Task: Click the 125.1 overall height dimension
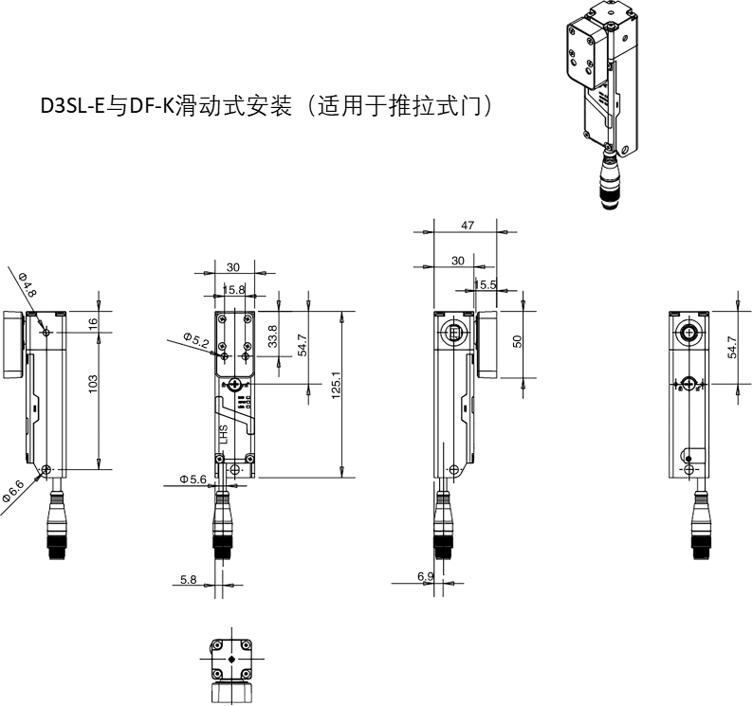(336, 387)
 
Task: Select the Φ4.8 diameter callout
(28, 284)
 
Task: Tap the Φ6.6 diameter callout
(13, 491)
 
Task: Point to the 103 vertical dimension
(93, 384)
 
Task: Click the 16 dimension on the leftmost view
(93, 322)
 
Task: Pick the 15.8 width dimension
(234, 289)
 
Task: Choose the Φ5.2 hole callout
(196, 340)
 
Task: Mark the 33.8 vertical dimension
(273, 336)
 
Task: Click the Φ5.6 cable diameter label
(193, 479)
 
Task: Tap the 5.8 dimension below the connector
(188, 579)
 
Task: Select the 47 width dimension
(468, 226)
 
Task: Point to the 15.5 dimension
(485, 284)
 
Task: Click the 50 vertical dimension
(517, 341)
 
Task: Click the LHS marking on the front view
(223, 435)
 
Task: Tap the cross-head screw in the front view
(235, 385)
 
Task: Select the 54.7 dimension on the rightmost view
(732, 347)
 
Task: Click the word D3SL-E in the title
(73, 106)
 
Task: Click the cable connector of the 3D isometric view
(610, 181)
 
